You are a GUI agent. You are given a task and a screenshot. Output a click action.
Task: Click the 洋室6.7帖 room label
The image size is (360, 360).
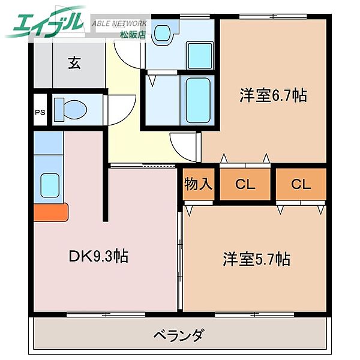click(x=265, y=95)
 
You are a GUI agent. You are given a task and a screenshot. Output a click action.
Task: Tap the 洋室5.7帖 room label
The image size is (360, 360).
click(x=257, y=259)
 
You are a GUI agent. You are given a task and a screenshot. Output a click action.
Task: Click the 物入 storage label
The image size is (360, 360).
click(x=198, y=184)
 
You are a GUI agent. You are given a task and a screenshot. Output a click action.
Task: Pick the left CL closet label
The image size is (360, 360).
click(x=245, y=184)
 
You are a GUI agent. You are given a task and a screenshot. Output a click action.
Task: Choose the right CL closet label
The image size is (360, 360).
click(x=301, y=184)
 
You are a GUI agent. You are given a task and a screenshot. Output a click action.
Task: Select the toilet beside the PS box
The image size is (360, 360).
click(x=71, y=110)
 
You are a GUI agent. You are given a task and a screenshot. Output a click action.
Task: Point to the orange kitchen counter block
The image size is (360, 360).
click(x=50, y=212)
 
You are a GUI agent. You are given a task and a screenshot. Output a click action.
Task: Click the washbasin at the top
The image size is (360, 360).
click(x=161, y=33)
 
